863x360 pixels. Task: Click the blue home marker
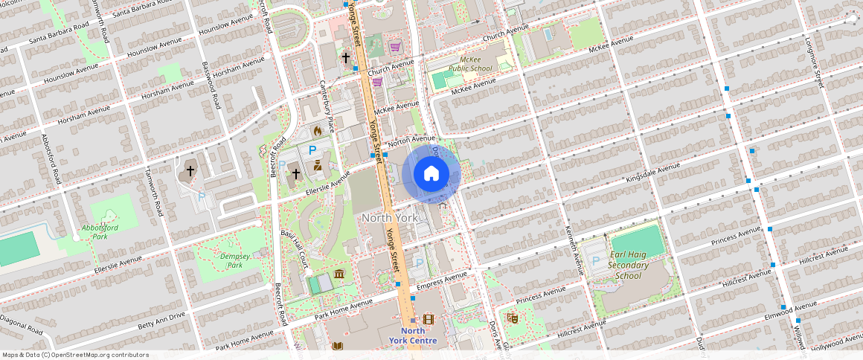pyautogui.click(x=431, y=174)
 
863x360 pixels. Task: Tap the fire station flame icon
pyautogui.click(x=318, y=131)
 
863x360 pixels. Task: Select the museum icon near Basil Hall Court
pyautogui.click(x=339, y=274)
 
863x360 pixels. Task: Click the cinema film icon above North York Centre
pyautogui.click(x=428, y=318)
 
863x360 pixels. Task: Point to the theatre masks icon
pyautogui.click(x=512, y=318)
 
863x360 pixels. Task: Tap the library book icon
pyautogui.click(x=338, y=347)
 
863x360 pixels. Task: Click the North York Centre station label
pyautogui.click(x=412, y=335)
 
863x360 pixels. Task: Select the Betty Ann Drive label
pyautogui.click(x=161, y=321)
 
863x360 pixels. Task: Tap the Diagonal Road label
pyautogui.click(x=22, y=321)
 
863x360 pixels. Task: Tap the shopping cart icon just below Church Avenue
pyautogui.click(x=377, y=82)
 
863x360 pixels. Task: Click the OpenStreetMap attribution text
pyautogui.click(x=75, y=355)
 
